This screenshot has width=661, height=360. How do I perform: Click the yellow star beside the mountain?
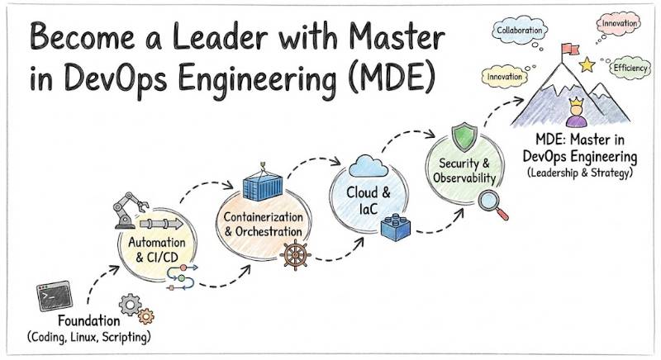coord(588,64)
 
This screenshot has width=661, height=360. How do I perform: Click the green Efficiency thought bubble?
coord(630,69)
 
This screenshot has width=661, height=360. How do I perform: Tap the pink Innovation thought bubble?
coord(620,24)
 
